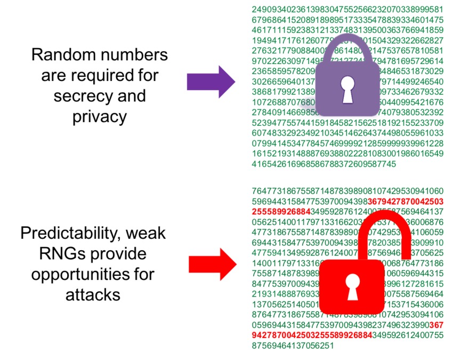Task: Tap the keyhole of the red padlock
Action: [x=352, y=285]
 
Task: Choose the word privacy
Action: [x=100, y=116]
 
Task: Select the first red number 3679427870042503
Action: [x=406, y=201]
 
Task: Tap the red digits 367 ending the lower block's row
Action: [x=435, y=325]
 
